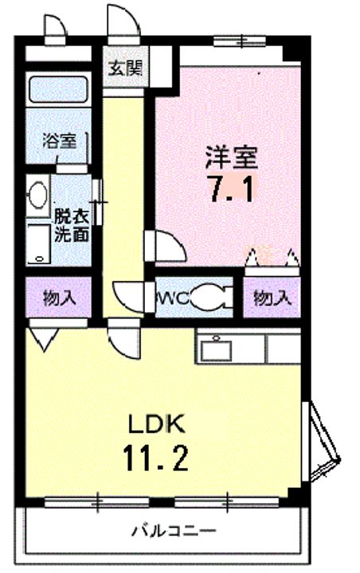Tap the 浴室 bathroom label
60,141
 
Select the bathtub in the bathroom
58,89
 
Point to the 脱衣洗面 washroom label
72,225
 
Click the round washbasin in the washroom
37,196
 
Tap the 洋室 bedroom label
231,158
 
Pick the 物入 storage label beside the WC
272,298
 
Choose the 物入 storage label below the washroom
60,298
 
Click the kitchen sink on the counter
217,350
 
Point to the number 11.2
155,458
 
